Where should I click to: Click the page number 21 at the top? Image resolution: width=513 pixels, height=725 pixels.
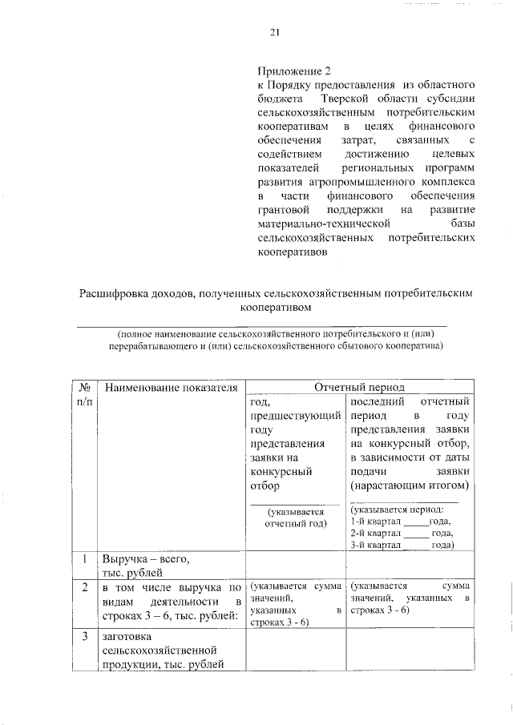(x=274, y=33)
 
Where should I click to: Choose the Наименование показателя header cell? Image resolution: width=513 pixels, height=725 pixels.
(x=171, y=388)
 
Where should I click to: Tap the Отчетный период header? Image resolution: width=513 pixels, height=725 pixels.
(x=359, y=387)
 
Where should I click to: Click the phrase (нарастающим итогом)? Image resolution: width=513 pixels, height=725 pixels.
(x=410, y=486)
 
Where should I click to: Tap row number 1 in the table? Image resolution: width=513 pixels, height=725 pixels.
(x=84, y=558)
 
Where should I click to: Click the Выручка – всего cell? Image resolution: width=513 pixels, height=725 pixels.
(x=147, y=558)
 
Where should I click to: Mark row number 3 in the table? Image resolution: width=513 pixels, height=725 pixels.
(x=84, y=637)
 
